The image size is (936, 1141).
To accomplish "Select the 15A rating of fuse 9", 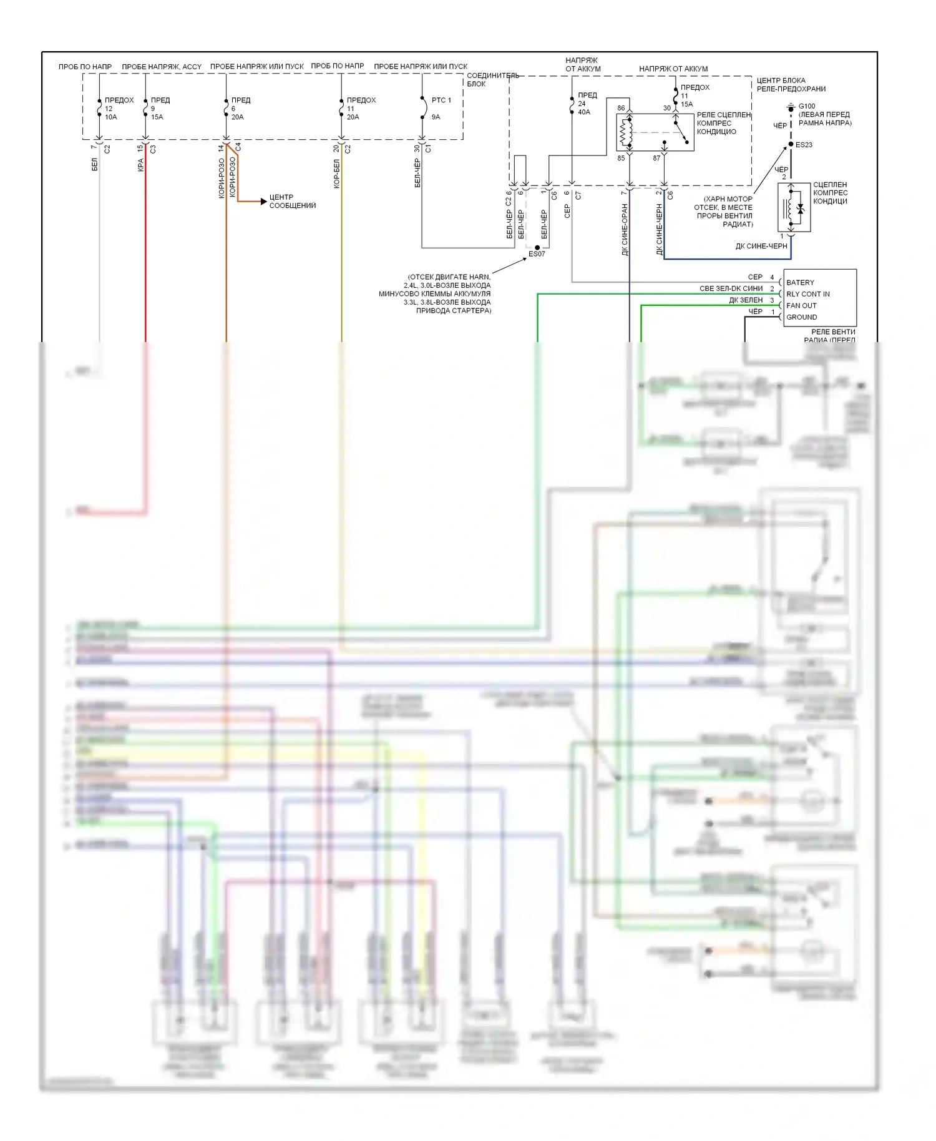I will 157,117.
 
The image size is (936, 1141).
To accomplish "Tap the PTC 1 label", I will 441,100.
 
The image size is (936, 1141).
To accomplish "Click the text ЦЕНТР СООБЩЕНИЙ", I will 292,201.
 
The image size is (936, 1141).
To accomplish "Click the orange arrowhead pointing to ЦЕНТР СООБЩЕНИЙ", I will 263,202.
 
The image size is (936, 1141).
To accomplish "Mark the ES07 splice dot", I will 537,248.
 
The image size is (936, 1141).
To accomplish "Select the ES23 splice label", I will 804,145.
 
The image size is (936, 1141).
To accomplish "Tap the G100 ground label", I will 807,106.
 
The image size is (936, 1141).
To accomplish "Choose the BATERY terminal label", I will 800,283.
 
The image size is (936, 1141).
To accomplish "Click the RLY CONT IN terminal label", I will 807,294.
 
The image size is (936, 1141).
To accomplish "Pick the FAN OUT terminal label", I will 801,306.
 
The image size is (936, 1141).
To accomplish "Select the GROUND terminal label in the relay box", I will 801,317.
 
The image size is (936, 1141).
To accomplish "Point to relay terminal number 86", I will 621,108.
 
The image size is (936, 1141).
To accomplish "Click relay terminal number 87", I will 656,159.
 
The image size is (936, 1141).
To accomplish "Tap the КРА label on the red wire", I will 141,165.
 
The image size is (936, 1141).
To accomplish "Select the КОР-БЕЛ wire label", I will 337,174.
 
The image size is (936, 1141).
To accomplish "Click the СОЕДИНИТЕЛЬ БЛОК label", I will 492,79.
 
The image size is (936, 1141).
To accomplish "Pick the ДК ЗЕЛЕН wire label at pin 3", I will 746,300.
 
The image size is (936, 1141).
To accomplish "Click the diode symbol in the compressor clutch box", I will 801,210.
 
